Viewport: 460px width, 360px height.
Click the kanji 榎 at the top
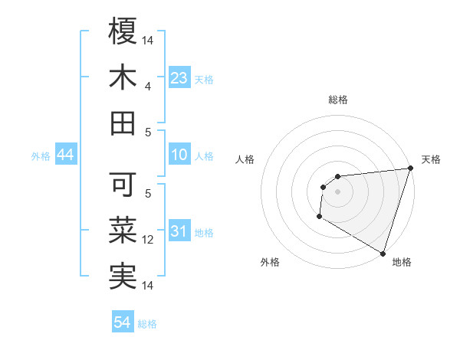click(x=123, y=31)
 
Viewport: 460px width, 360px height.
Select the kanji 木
click(x=123, y=78)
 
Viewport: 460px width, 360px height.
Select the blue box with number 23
click(x=179, y=78)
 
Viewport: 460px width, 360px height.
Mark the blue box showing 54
click(x=123, y=323)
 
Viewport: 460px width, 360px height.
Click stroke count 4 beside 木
click(x=148, y=87)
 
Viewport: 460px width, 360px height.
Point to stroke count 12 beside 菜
click(x=149, y=240)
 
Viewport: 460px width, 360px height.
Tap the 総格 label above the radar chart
click(x=337, y=100)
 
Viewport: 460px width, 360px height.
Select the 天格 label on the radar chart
click(x=431, y=159)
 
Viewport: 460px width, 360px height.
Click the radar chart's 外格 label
click(x=269, y=262)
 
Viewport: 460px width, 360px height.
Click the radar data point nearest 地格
click(x=383, y=253)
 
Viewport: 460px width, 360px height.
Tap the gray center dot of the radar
click(x=337, y=191)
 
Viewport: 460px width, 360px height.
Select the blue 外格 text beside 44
click(x=41, y=156)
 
